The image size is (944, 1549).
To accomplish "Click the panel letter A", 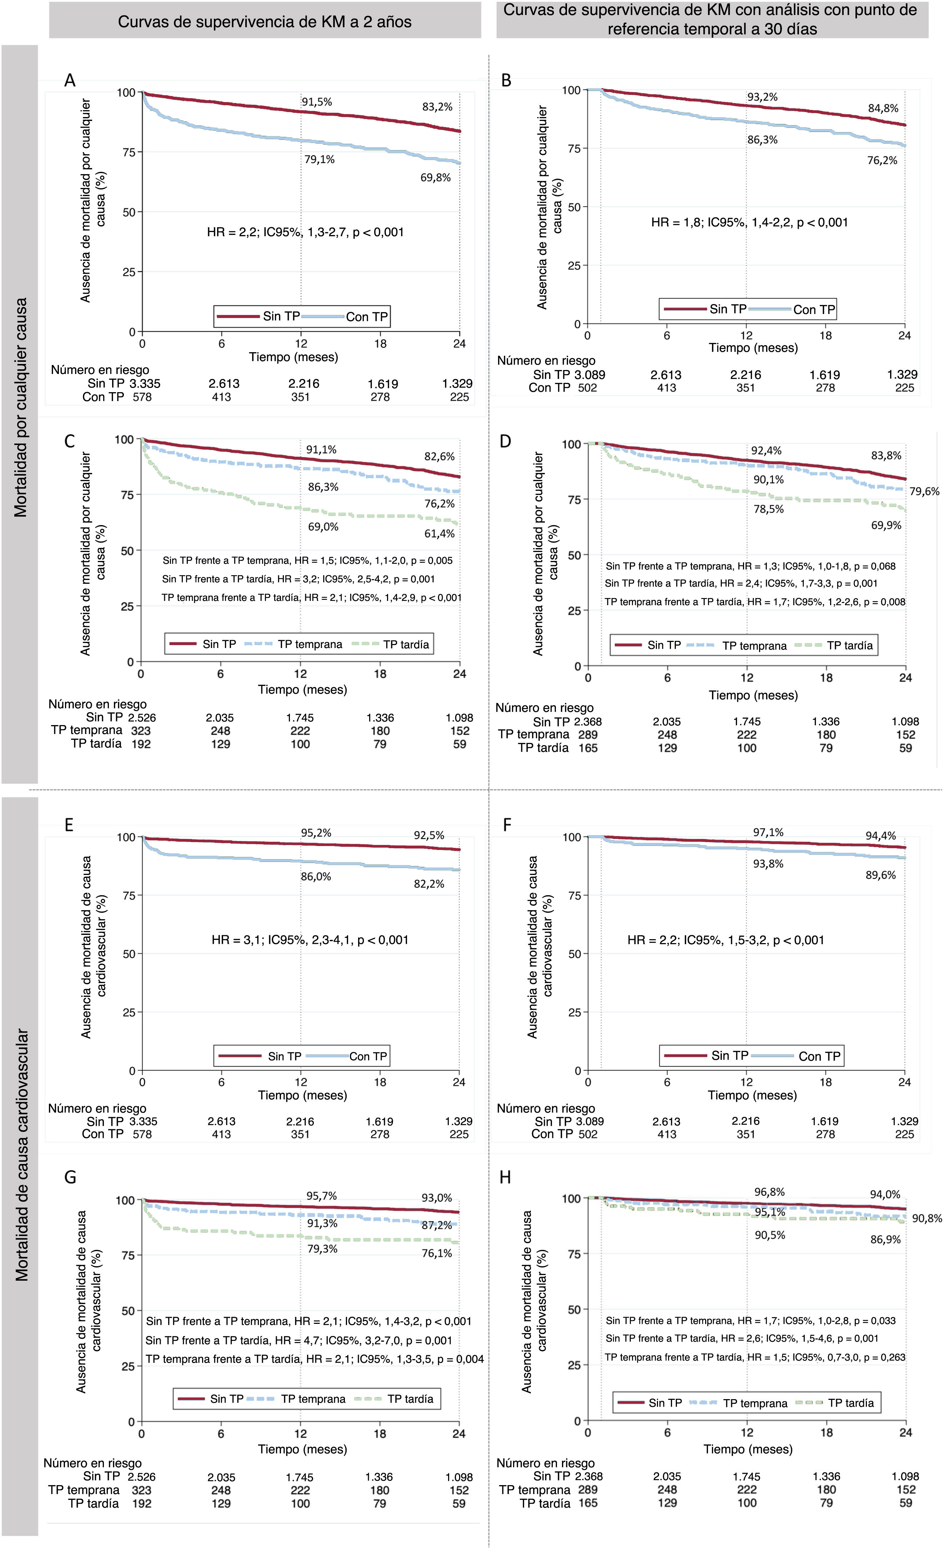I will [70, 81].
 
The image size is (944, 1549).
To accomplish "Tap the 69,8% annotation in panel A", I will [435, 178].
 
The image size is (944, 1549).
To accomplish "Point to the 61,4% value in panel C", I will [439, 534].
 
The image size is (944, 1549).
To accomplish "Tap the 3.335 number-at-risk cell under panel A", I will [145, 384].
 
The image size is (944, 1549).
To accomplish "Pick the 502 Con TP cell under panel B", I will [587, 388].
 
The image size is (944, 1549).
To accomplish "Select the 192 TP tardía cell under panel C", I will [141, 744].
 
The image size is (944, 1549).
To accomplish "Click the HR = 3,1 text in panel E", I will [310, 940].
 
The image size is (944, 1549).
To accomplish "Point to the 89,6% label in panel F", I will [880, 875].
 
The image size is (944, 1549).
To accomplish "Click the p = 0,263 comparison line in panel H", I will [755, 1357].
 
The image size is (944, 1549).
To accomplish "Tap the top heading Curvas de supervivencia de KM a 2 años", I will [265, 22].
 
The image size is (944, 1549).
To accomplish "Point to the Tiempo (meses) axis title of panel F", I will [752, 1095].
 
